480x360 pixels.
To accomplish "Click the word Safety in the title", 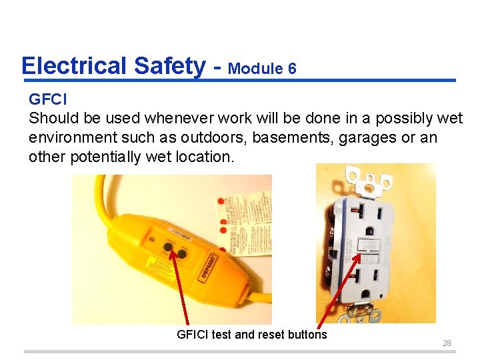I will coord(169,66).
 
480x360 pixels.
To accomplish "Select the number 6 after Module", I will coord(292,69).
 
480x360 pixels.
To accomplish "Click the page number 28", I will coord(447,343).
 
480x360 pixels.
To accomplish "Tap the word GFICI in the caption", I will coord(193,335).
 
